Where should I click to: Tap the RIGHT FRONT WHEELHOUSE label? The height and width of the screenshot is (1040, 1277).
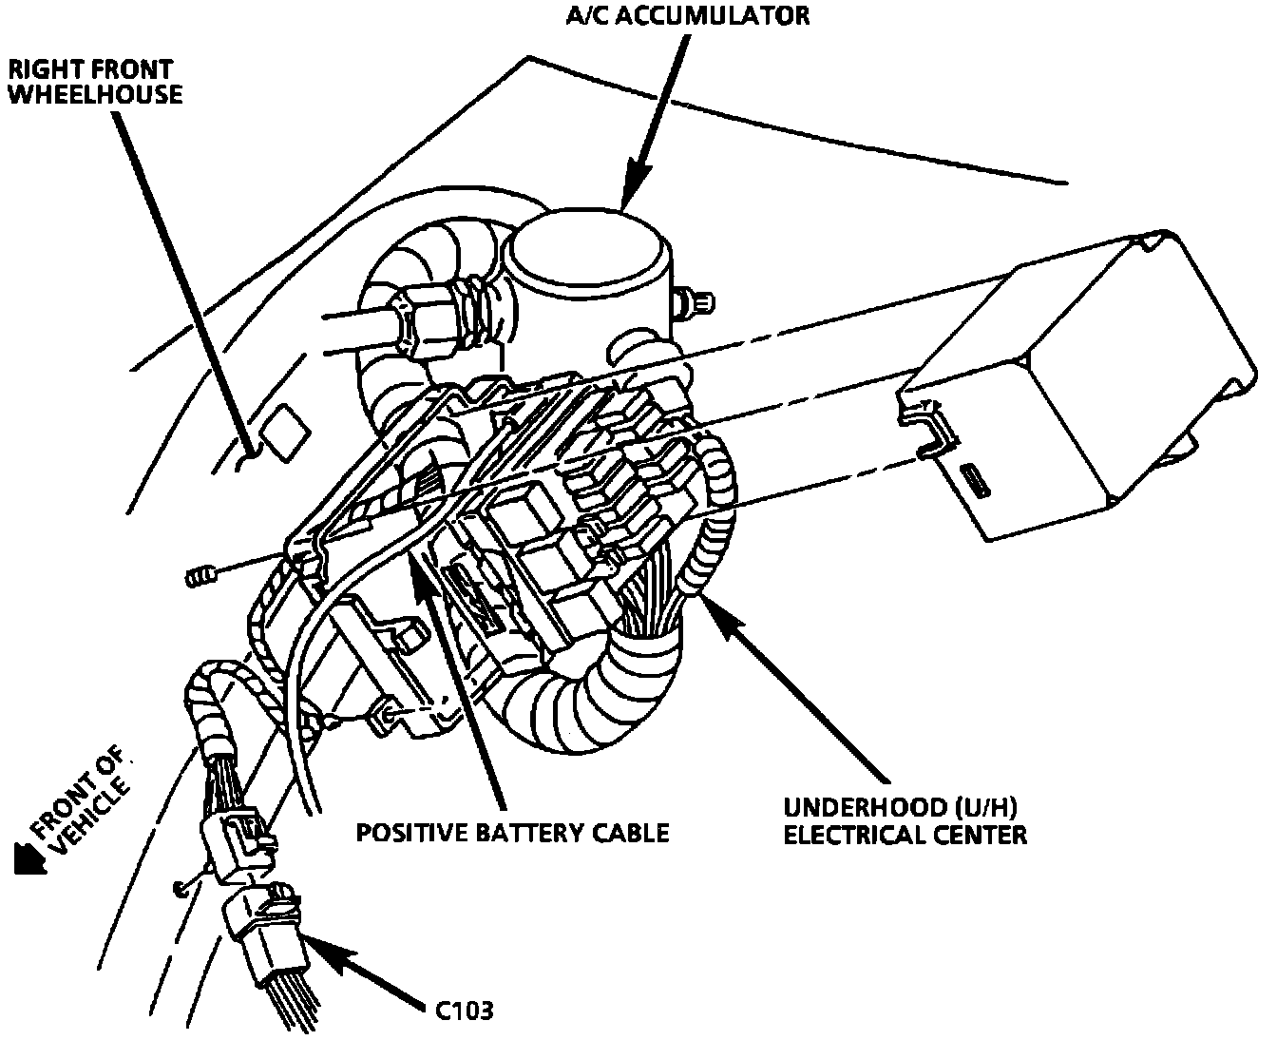(94, 82)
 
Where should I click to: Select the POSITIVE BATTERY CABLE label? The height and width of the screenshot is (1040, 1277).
(512, 833)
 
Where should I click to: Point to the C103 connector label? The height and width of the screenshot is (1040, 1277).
(465, 1010)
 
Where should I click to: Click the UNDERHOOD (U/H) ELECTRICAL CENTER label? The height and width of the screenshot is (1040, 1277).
(904, 820)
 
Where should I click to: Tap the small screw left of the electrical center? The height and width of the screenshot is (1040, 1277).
(200, 576)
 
